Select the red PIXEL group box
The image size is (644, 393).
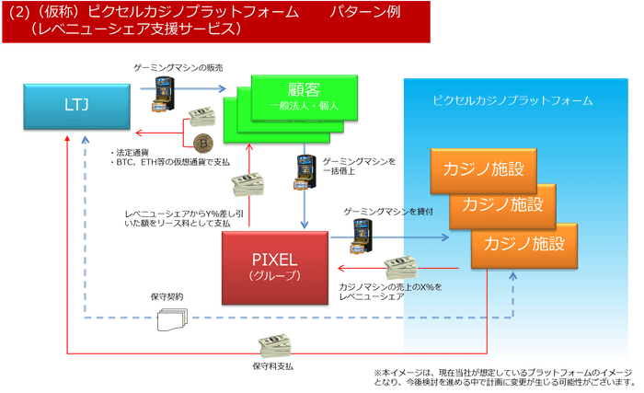[275, 268]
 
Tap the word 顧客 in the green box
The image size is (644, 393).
[305, 90]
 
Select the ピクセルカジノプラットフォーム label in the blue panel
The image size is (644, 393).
[512, 99]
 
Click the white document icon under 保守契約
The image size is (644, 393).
[171, 319]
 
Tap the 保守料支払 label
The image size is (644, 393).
[272, 366]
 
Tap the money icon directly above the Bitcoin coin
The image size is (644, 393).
[201, 121]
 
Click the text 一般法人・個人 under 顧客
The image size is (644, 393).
[305, 106]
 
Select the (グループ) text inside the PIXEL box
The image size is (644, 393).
[275, 275]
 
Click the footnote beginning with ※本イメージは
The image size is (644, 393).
[504, 376]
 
